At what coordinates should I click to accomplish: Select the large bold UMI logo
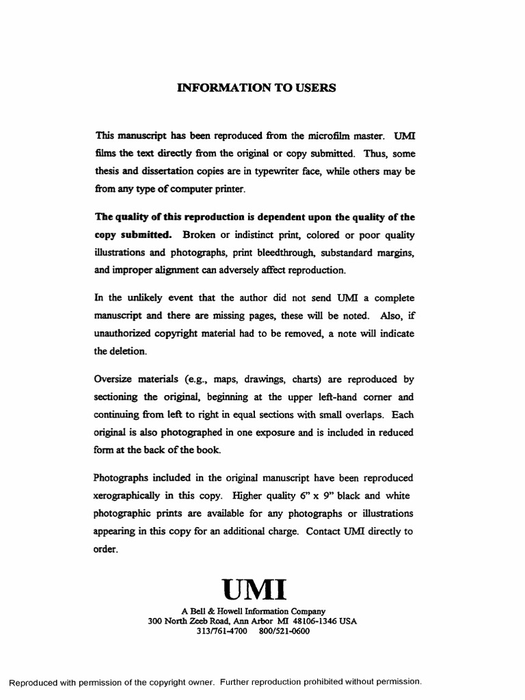pos(254,588)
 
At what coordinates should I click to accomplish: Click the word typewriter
pos(288,172)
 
